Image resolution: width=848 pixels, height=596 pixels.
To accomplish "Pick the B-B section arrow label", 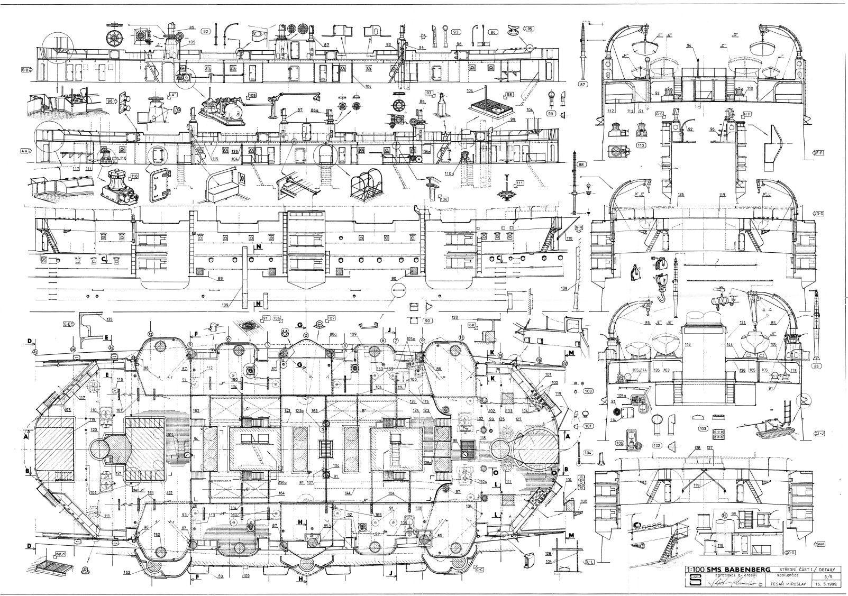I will pos(25,69).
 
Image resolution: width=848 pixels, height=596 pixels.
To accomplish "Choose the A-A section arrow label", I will pos(25,151).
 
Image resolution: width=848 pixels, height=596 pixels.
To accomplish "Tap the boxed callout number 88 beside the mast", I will pos(582,164).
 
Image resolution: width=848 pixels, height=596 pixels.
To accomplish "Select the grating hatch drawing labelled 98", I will pos(491,109).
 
